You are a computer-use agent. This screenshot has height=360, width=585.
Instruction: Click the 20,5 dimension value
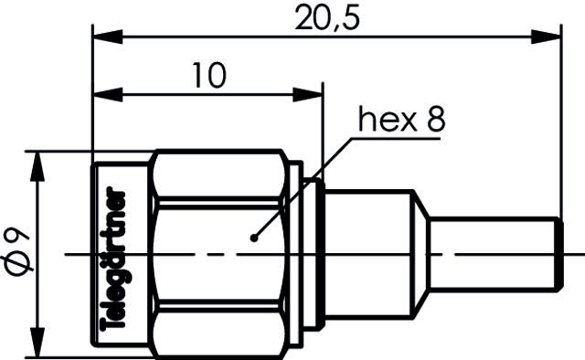click(326, 18)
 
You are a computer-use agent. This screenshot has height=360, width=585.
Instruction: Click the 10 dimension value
click(209, 76)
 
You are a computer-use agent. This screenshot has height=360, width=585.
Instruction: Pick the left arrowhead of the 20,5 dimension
click(103, 37)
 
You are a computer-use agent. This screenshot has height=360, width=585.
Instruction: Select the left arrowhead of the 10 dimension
click(103, 92)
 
